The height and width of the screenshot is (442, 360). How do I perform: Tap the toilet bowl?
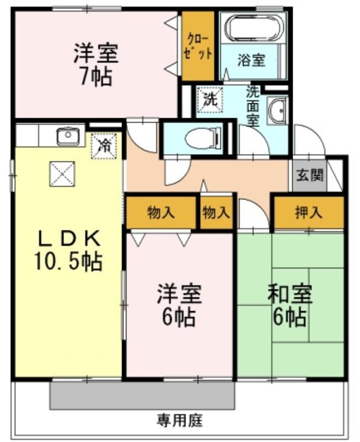tap(203, 138)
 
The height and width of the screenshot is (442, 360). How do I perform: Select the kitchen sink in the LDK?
tap(68, 136)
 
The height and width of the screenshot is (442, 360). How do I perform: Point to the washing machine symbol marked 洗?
tap(210, 99)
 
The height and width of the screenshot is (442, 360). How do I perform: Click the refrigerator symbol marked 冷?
tap(104, 146)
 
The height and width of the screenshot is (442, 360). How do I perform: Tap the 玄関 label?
tap(309, 176)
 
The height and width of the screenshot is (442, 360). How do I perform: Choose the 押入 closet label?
tap(309, 212)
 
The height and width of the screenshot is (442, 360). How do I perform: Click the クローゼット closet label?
tap(198, 46)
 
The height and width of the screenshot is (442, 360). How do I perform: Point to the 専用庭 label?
tap(179, 421)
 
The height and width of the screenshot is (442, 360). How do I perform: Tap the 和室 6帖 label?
tap(289, 306)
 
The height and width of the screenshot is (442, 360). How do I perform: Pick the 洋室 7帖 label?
tap(96, 64)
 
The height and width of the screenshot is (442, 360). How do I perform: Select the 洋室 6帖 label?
tap(179, 305)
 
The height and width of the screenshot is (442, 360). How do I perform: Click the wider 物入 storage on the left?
tap(161, 213)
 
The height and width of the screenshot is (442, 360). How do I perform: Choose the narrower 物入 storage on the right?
tap(216, 213)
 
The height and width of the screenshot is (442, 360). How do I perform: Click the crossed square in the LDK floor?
tap(62, 174)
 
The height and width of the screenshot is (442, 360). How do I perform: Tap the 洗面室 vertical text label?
tap(253, 106)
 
